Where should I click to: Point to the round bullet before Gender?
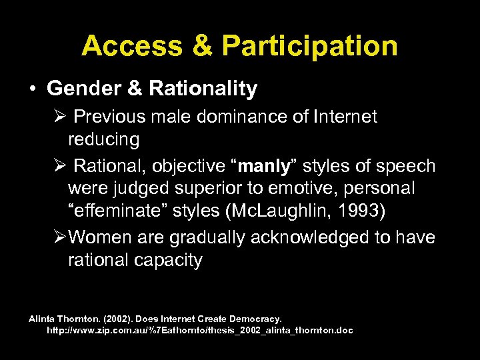point(33,88)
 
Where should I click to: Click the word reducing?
point(103,140)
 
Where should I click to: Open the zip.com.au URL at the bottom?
point(199,331)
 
